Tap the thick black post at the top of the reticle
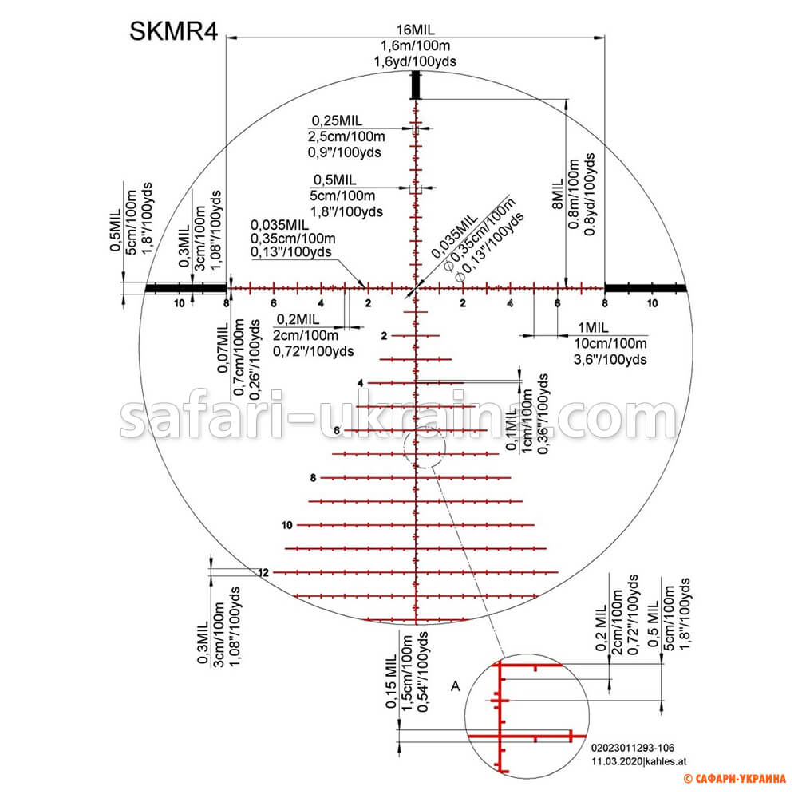click(415, 84)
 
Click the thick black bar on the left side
click(185, 287)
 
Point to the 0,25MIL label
click(337, 120)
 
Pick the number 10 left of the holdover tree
click(287, 525)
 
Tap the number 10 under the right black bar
click(652, 304)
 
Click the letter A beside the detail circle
click(456, 685)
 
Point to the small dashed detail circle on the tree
click(423, 447)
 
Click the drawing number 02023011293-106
click(633, 749)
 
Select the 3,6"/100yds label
click(610, 359)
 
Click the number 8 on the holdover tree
click(314, 478)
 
